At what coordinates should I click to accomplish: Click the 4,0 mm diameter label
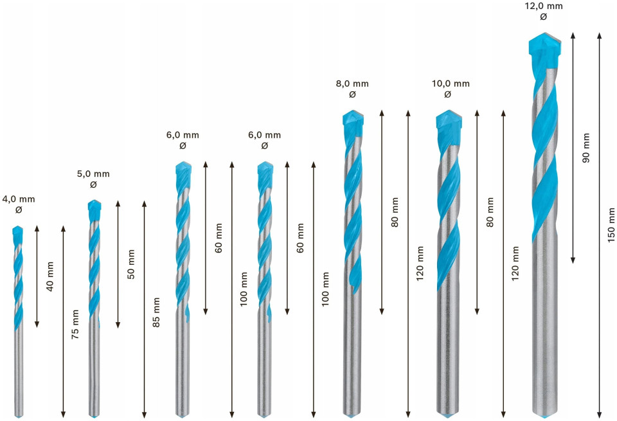tap(19, 199)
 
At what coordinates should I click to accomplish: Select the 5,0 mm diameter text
tap(93, 174)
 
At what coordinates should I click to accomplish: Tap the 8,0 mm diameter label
tap(352, 84)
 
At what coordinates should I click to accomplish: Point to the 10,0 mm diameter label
tap(451, 84)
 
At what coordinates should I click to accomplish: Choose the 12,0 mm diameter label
tap(544, 6)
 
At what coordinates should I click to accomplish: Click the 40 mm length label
tap(50, 276)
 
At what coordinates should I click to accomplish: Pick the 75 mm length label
tap(75, 324)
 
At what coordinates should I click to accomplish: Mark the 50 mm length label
tap(131, 264)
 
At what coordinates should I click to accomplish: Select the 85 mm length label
tap(156, 312)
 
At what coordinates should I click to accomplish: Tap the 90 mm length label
tap(586, 148)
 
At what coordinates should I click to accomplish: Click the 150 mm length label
tap(611, 225)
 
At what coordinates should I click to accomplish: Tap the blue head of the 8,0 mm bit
tap(353, 123)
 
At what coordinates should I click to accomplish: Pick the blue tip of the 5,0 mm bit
tap(94, 210)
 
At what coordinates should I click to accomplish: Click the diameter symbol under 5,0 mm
tap(93, 184)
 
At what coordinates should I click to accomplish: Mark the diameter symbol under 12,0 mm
tap(544, 17)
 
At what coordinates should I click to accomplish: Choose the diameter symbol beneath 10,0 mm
tap(447, 94)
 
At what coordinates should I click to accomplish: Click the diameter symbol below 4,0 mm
tap(19, 210)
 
